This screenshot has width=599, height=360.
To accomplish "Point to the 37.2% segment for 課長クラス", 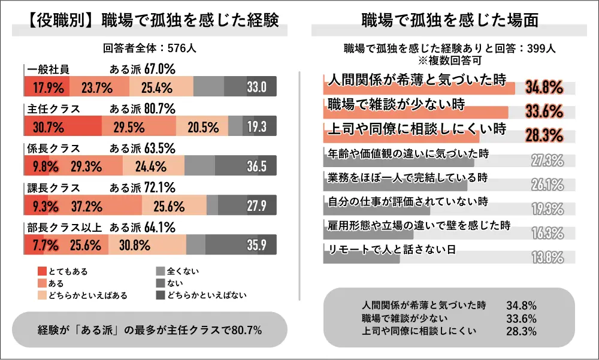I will [x=87, y=206].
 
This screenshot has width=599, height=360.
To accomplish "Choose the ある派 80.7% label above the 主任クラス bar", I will [x=142, y=109].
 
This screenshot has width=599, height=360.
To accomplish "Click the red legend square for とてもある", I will [x=41, y=271].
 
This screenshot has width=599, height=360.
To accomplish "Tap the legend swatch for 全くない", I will [x=160, y=271].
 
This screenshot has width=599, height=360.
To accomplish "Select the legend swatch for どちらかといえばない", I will [x=160, y=295].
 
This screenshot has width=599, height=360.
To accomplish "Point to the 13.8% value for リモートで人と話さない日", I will [x=547, y=258].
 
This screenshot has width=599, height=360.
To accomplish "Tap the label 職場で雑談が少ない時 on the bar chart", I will [x=396, y=104].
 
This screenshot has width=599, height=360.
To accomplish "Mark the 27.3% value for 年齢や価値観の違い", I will [x=547, y=160].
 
